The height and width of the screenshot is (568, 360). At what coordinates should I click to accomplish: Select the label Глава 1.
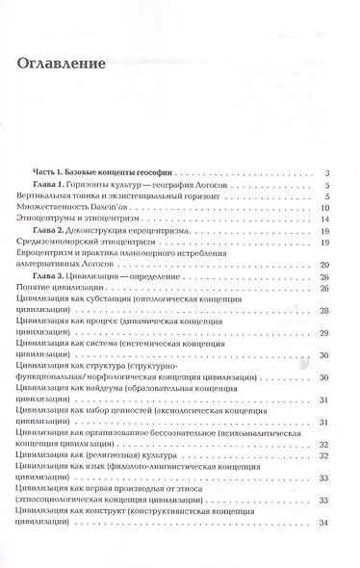coord(66,183)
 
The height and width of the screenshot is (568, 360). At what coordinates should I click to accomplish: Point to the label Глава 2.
coord(66,231)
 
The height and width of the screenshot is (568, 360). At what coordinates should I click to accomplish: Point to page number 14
coord(326,219)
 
